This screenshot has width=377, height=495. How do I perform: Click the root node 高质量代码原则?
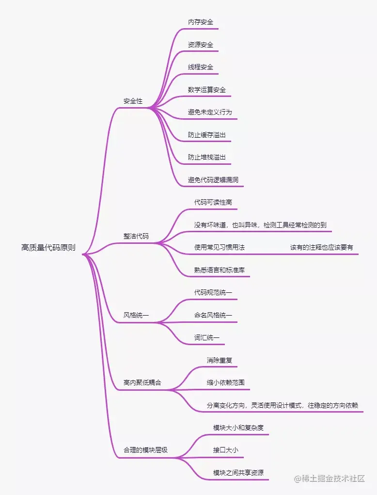(48, 247)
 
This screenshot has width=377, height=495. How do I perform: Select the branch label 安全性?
(133, 101)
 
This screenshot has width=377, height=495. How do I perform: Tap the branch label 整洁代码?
(136, 237)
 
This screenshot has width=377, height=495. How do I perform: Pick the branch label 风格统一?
(136, 315)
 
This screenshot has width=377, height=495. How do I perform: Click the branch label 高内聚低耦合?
(142, 383)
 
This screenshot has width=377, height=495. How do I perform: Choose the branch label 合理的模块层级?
(145, 450)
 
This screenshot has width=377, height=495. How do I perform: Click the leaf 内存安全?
(201, 22)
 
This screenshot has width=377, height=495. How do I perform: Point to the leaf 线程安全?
(201, 67)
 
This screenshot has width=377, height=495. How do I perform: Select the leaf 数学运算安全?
(207, 90)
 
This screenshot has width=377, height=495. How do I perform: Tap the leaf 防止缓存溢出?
(207, 135)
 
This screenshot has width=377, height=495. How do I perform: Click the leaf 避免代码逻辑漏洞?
(213, 180)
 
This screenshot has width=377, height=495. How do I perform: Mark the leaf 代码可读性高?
(213, 202)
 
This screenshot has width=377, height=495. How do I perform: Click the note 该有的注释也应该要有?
(321, 247)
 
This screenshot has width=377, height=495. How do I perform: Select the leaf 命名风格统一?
(213, 315)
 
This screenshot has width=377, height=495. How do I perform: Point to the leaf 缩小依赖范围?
(226, 383)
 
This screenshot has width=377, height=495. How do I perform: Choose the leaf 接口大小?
(226, 450)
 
